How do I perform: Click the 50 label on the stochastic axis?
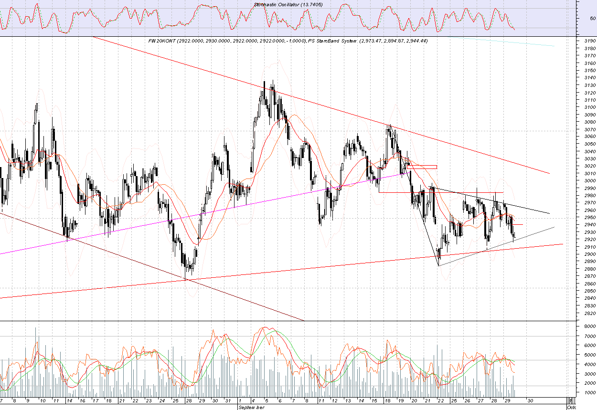592,19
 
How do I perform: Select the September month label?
250,408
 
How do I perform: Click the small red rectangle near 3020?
423,167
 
